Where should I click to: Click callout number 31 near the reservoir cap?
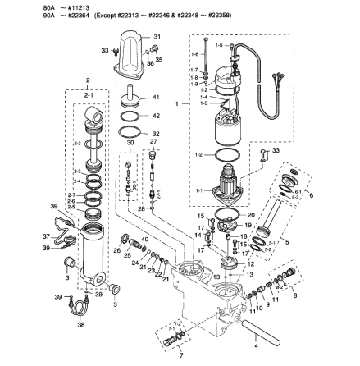pyautogui.click(x=157, y=38)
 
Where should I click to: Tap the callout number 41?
pyautogui.click(x=157, y=97)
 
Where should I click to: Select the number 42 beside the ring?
pyautogui.click(x=157, y=116)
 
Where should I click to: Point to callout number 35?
pyautogui.click(x=159, y=60)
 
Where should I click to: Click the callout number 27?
pyautogui.click(x=153, y=141)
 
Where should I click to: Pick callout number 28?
pyautogui.click(x=140, y=209)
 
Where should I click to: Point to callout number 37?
pyautogui.click(x=47, y=234)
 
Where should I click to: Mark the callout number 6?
pyautogui.click(x=311, y=195)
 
